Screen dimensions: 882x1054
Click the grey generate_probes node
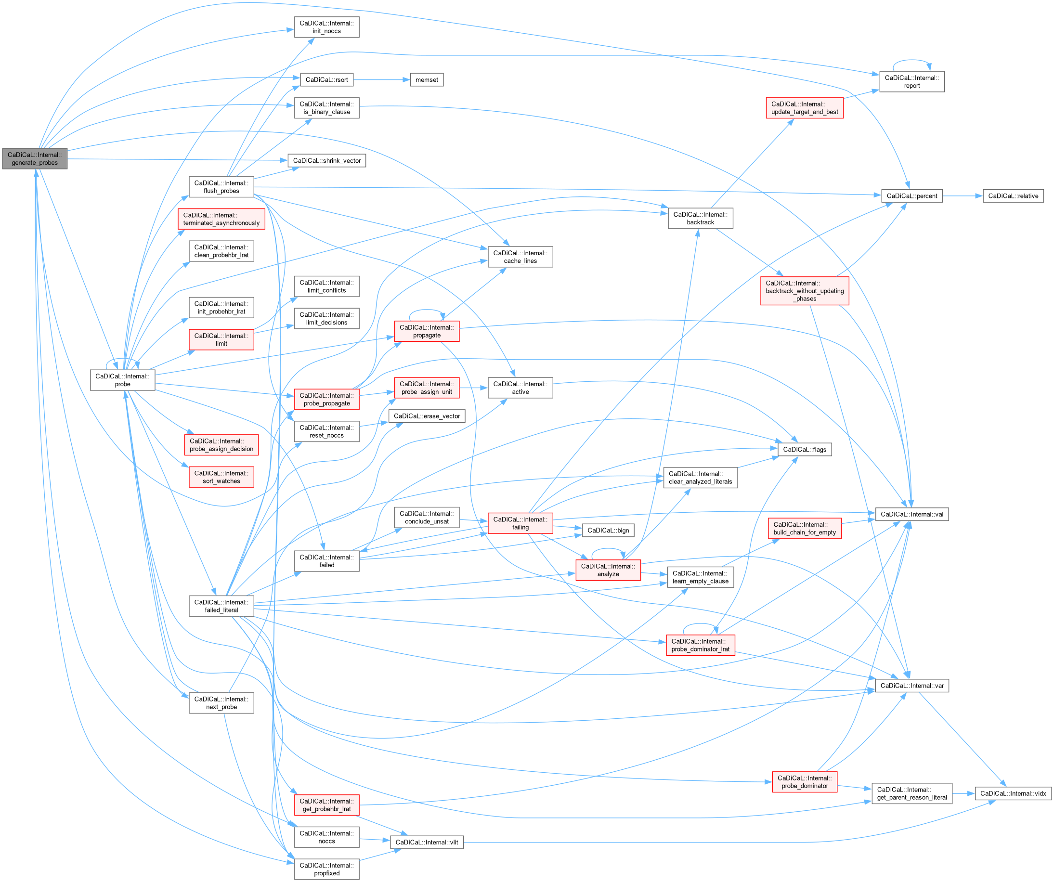tap(35, 158)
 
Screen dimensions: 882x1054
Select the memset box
tap(426, 80)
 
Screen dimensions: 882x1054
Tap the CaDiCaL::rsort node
tap(326, 80)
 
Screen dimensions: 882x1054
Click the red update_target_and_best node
tap(804, 108)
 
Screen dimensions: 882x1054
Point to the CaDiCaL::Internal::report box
tap(911, 82)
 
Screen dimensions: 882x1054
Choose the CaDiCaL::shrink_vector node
tap(326, 160)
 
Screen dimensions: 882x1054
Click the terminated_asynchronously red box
tap(221, 219)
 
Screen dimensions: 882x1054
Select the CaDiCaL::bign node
tap(608, 530)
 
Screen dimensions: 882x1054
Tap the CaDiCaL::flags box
tap(804, 450)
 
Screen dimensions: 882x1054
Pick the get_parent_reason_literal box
tap(911, 793)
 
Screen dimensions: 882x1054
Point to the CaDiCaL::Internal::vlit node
tap(426, 843)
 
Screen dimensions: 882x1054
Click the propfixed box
tap(326, 869)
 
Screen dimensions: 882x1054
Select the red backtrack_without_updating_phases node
tap(804, 291)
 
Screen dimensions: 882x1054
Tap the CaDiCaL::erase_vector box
tap(426, 416)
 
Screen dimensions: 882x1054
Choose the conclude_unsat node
tap(426, 517)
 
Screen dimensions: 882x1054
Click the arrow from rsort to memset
tap(381, 80)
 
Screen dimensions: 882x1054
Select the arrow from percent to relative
tap(962, 195)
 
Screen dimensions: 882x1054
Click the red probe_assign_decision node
tap(221, 445)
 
